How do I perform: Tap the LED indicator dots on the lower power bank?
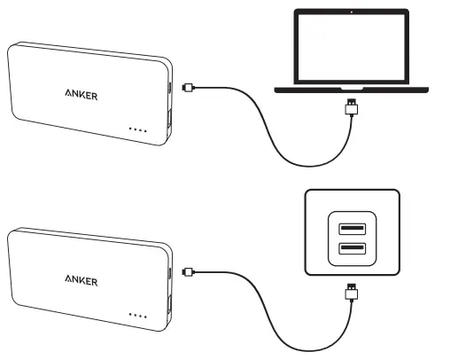pos(137,315)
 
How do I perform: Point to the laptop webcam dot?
pos(353,12)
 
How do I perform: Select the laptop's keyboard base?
pos(353,89)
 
